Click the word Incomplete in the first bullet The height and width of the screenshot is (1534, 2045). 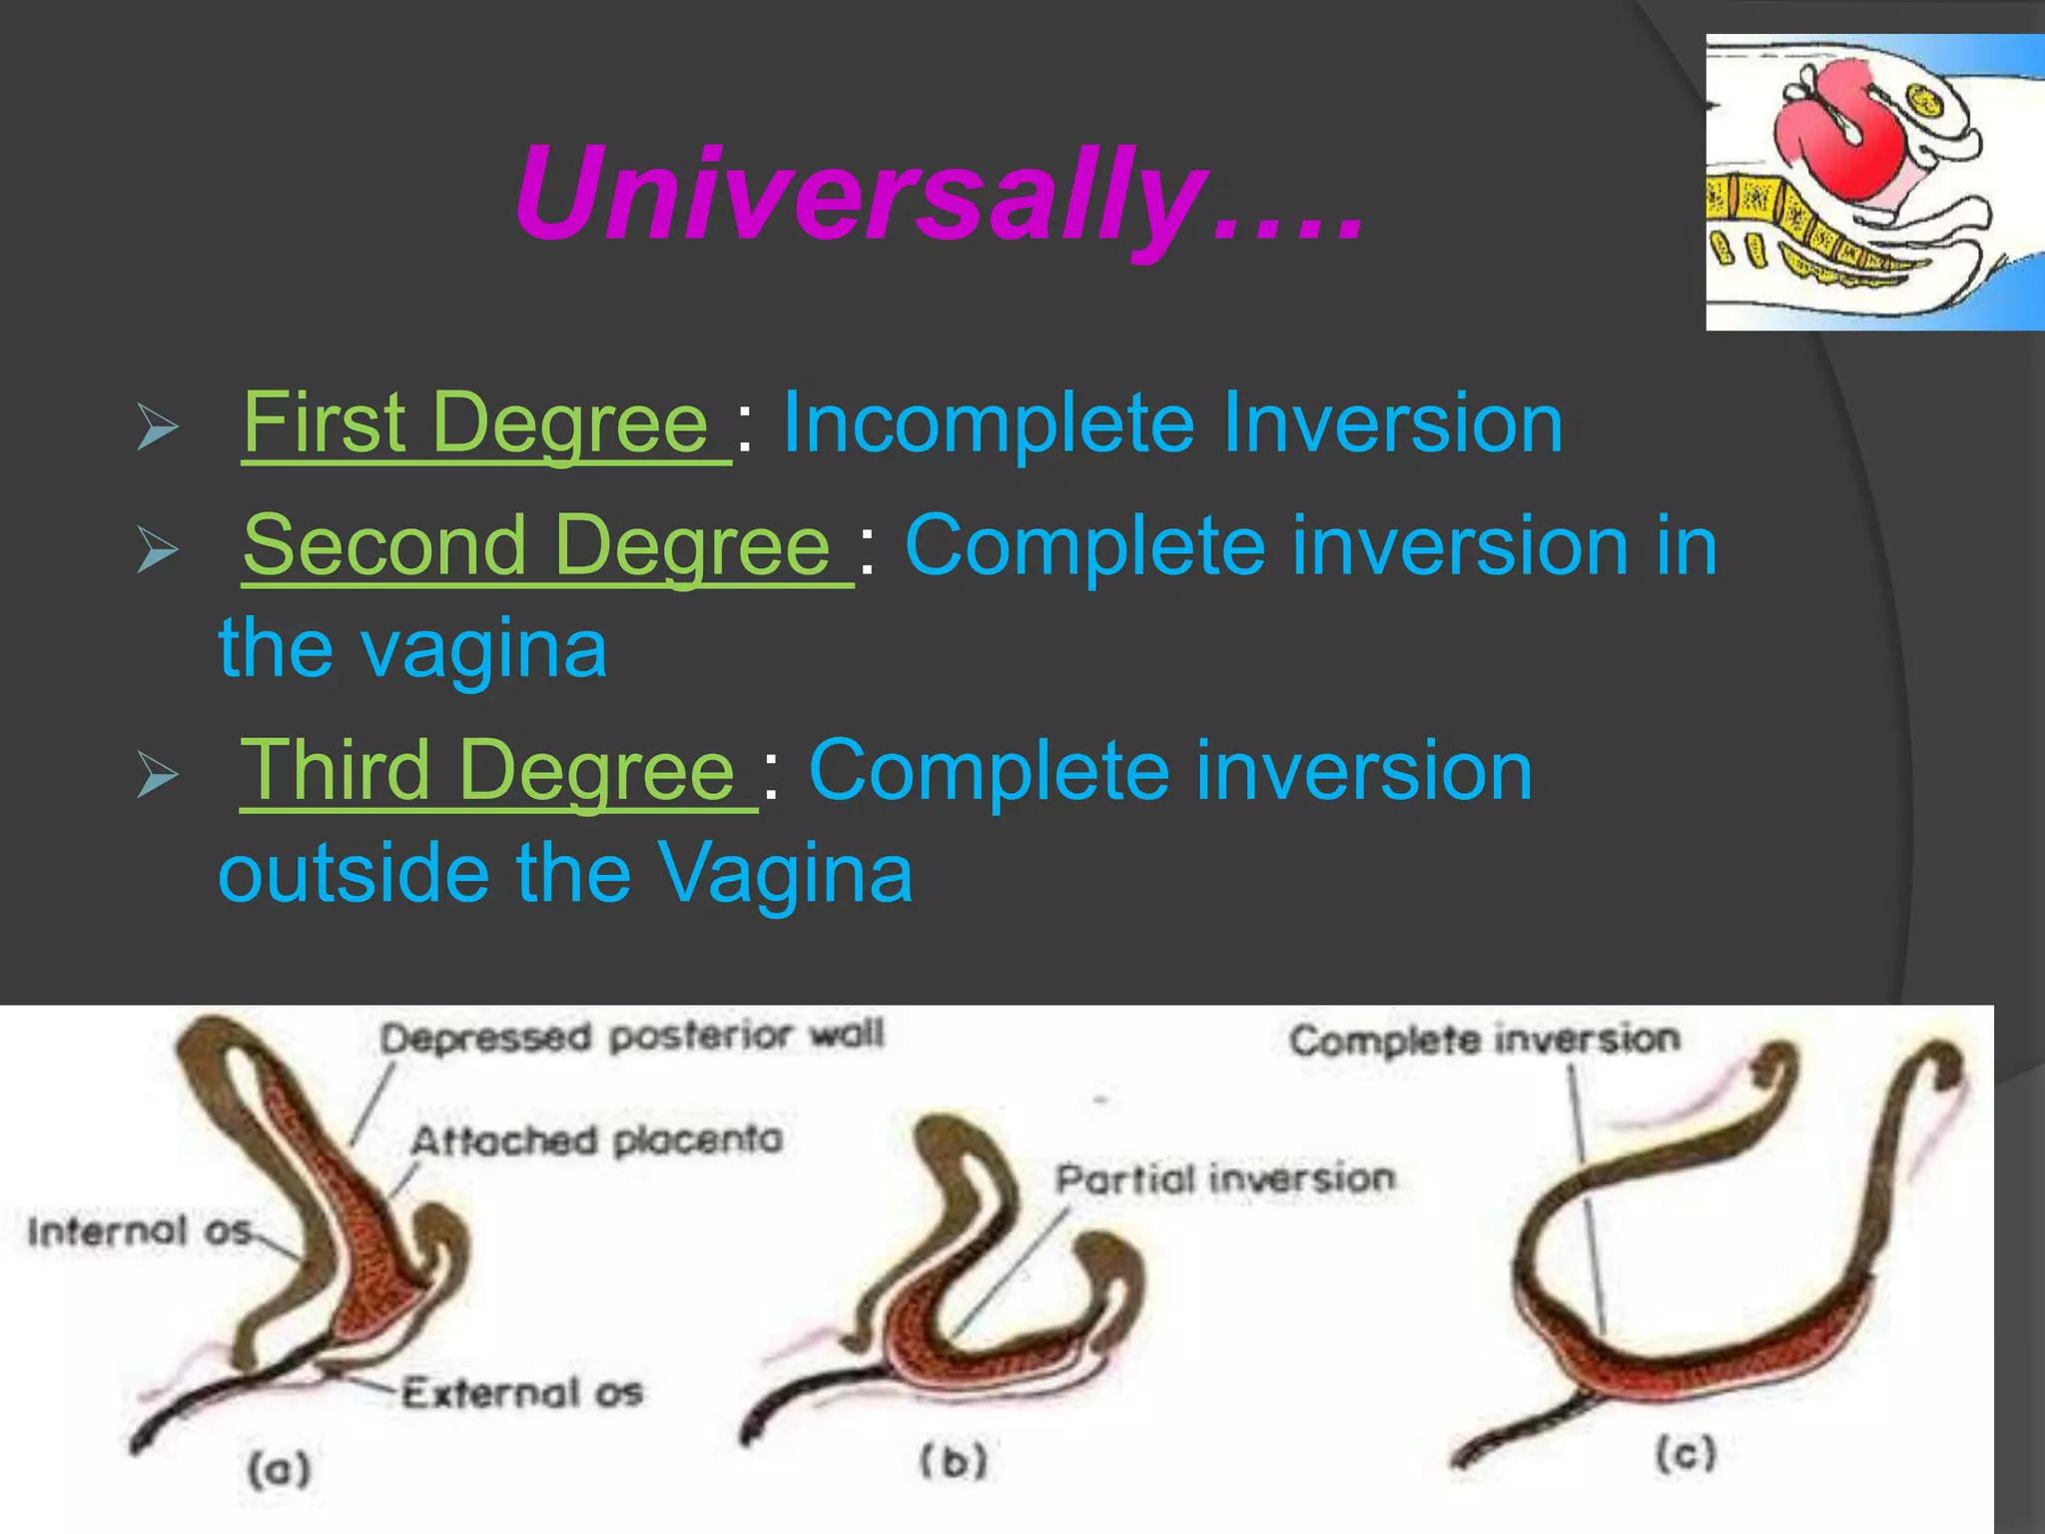[989, 423]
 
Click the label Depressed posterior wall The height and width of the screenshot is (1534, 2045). [631, 1037]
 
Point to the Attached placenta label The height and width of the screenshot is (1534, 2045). [596, 1141]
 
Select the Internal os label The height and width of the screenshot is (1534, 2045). [139, 1231]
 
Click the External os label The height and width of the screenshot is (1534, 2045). [522, 1392]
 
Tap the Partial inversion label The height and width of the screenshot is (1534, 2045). [1225, 1179]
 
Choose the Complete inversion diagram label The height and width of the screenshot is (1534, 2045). [1485, 1041]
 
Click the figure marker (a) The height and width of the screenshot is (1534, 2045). [280, 1469]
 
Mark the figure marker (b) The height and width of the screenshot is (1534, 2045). [953, 1462]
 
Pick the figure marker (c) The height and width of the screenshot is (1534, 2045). [1686, 1453]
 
